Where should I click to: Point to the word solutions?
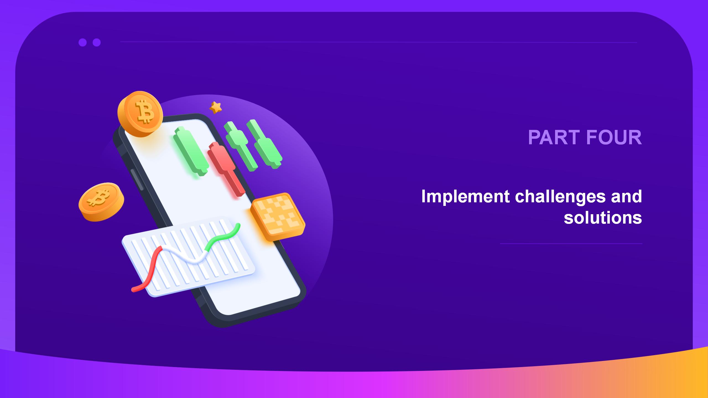(x=603, y=218)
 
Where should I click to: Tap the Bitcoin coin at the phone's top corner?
(x=140, y=114)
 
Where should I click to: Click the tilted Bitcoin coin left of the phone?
(x=101, y=202)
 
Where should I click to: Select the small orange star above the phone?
(x=215, y=107)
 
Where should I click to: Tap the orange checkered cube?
(x=278, y=217)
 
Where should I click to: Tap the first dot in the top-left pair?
(x=82, y=42)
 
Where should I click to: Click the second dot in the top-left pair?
(x=97, y=42)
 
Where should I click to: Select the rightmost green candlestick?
(x=264, y=144)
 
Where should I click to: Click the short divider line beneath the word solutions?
(x=571, y=244)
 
